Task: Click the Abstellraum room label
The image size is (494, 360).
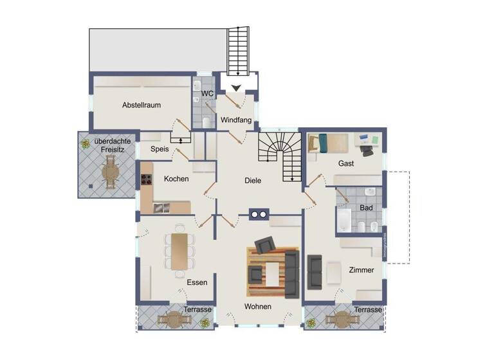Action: tap(142, 105)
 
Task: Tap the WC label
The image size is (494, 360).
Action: tap(207, 94)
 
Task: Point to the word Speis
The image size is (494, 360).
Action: tap(159, 149)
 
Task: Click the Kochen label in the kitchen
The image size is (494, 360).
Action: tap(176, 179)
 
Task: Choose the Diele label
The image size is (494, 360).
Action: tap(253, 181)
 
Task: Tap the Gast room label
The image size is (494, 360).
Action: tap(345, 163)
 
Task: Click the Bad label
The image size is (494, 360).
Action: tap(366, 208)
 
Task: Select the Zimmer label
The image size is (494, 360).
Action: tap(361, 270)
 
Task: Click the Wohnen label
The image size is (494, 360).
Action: tap(257, 307)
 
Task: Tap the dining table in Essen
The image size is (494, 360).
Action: tap(179, 249)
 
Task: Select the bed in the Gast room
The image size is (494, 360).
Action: tap(328, 141)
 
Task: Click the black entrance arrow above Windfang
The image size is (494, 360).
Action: tap(236, 87)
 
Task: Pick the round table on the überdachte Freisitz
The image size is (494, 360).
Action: tap(110, 172)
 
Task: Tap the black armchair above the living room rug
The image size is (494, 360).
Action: tap(265, 245)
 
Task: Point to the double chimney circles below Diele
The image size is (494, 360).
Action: tap(258, 215)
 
